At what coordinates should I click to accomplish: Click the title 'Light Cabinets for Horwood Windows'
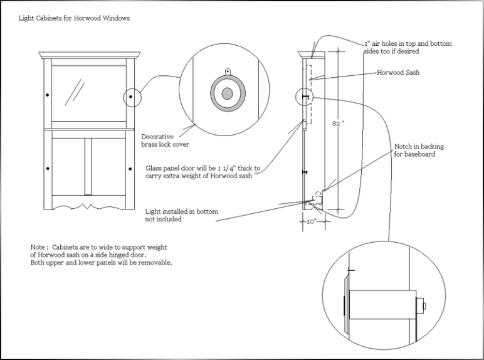74,18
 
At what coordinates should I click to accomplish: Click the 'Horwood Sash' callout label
398,73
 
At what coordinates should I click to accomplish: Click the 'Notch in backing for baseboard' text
419,151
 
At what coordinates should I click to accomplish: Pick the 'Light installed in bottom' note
182,212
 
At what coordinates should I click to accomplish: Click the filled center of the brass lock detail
228,93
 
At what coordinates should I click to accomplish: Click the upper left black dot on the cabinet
48,95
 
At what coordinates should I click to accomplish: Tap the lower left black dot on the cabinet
48,169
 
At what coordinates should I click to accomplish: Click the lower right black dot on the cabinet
130,169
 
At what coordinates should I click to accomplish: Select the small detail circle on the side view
304,97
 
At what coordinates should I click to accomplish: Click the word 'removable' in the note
155,263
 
